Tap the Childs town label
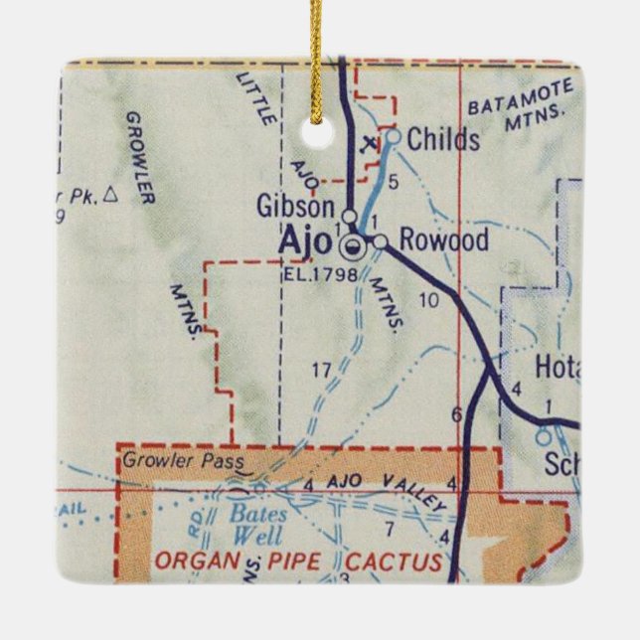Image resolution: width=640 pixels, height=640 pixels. pyautogui.click(x=443, y=139)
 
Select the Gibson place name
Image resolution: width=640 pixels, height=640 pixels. pyautogui.click(x=295, y=207)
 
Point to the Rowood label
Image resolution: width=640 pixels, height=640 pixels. pyautogui.click(x=443, y=240)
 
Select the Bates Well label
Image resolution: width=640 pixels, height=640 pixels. pyautogui.click(x=258, y=523)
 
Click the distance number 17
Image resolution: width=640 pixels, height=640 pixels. pyautogui.click(x=321, y=371)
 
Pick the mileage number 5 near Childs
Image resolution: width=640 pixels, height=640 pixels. pyautogui.click(x=394, y=181)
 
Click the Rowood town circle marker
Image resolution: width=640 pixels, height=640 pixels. pyautogui.click(x=380, y=241)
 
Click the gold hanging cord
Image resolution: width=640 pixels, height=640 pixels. pyautogui.click(x=317, y=50)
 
